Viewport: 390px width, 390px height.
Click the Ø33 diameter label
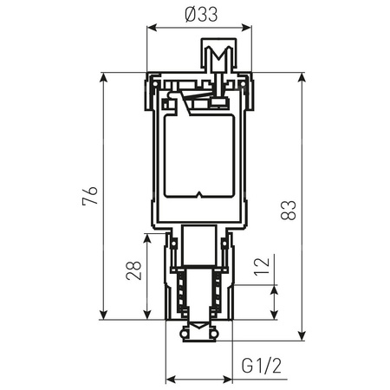tap(201, 15)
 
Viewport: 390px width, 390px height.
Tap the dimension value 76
tap(90, 196)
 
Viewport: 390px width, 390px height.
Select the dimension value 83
tap(289, 210)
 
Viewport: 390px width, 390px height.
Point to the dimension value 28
tap(133, 270)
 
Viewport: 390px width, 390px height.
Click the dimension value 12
tap(262, 266)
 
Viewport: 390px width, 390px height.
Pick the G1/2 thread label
tap(262, 366)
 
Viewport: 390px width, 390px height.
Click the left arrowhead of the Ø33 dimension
tap(152, 28)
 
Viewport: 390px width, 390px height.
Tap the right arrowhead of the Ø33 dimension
tap(247, 28)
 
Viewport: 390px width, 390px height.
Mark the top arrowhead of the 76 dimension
tap(103, 77)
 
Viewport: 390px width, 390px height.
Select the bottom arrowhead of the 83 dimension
tap(302, 336)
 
